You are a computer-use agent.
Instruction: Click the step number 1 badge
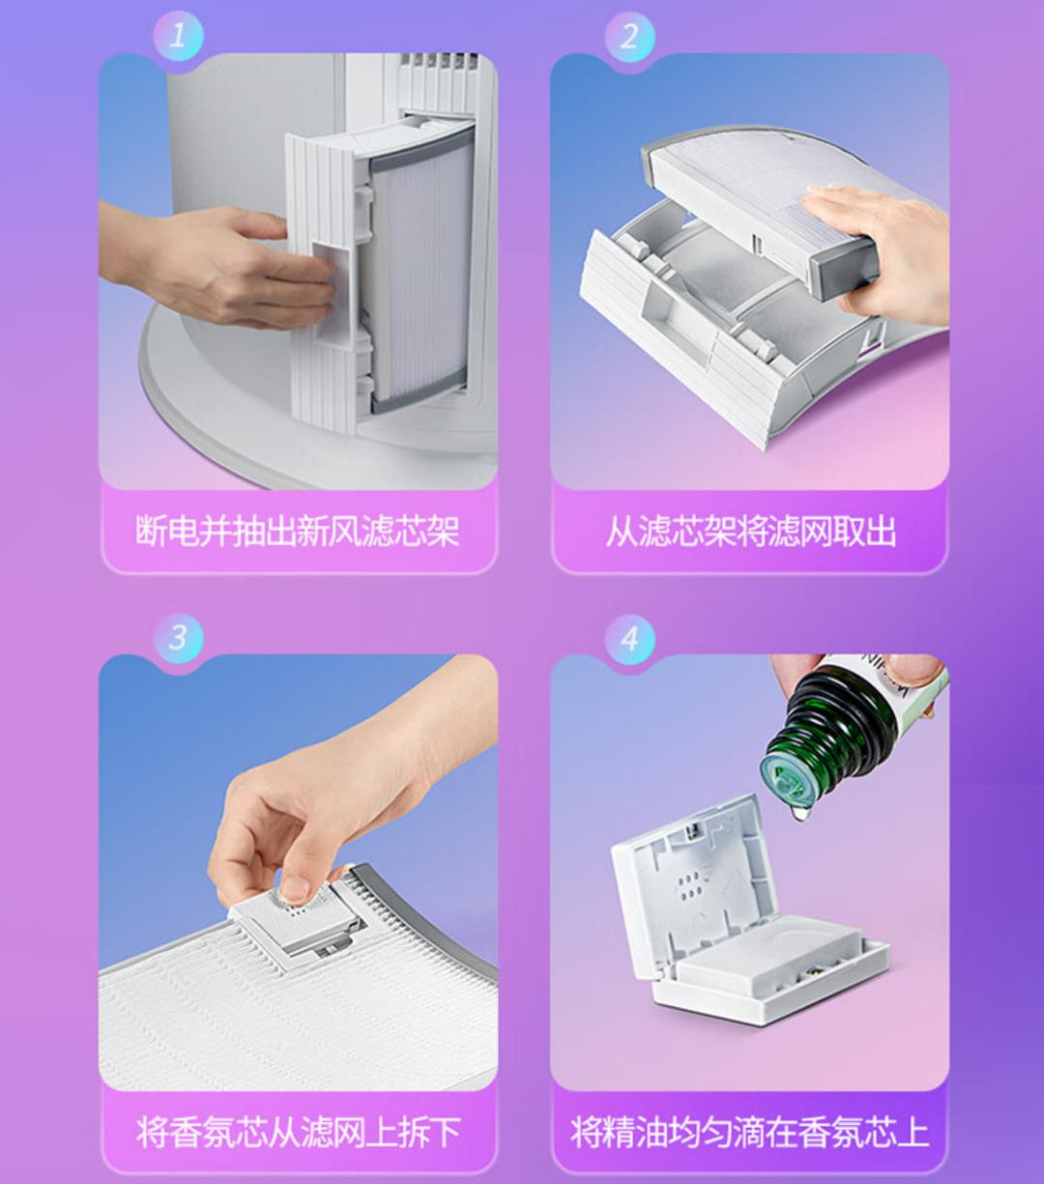[x=179, y=37]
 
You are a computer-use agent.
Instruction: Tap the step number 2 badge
[x=629, y=37]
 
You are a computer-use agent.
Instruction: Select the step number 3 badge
[x=179, y=638]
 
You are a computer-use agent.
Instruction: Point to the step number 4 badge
[x=629, y=638]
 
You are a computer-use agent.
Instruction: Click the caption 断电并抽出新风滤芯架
[x=298, y=531]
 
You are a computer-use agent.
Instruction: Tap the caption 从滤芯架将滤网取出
[x=750, y=531]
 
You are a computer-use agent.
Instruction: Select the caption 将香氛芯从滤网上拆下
[x=298, y=1132]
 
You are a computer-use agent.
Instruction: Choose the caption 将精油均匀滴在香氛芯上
[x=750, y=1132]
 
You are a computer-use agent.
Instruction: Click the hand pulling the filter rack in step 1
[x=232, y=266]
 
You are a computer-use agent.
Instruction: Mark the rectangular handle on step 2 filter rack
[x=667, y=309]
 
